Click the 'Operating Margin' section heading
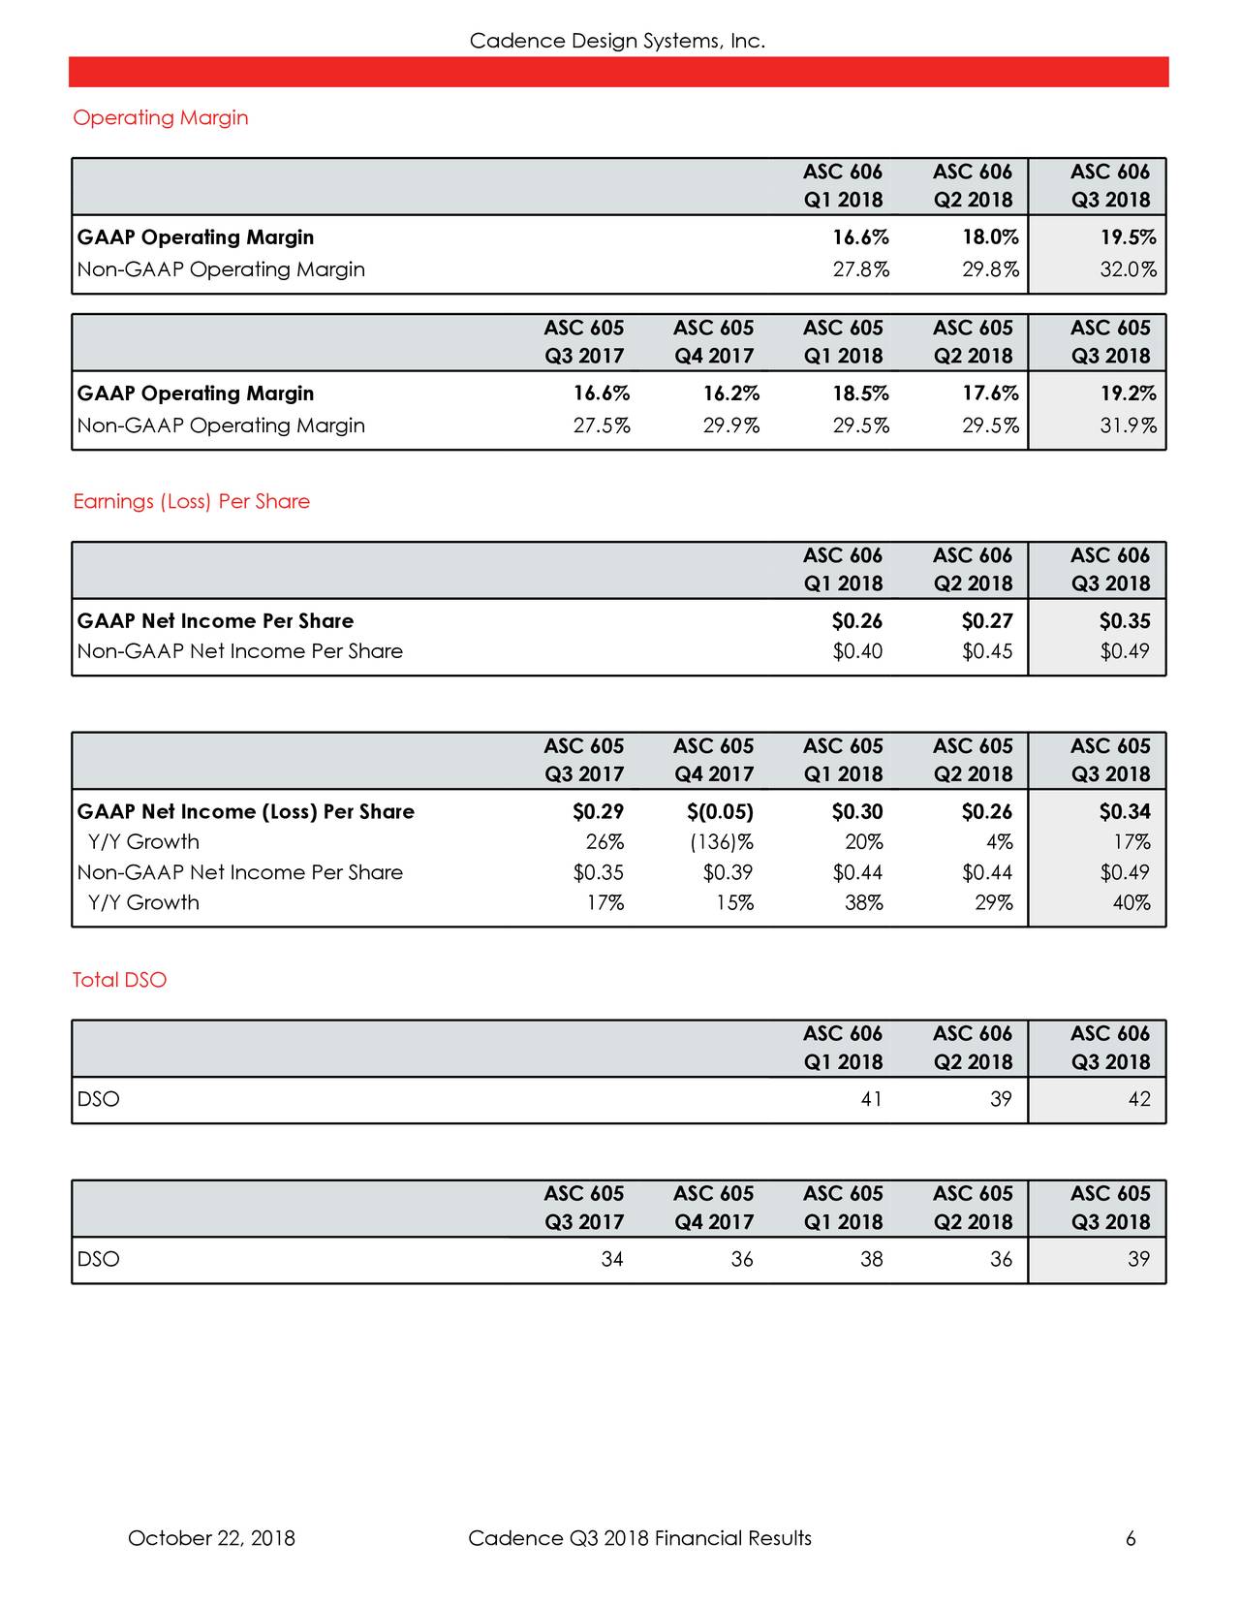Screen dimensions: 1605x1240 (161, 117)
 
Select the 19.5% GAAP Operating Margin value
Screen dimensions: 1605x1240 (1127, 237)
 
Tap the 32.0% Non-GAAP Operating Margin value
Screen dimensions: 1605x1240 (1128, 269)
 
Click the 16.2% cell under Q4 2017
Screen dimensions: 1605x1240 (731, 393)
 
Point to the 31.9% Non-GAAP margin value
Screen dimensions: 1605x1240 (1128, 425)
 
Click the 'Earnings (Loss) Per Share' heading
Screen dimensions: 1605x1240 (192, 501)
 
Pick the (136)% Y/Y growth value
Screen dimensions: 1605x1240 (722, 841)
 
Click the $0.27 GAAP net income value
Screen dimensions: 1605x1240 (987, 620)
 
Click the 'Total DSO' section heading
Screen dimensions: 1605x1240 (120, 980)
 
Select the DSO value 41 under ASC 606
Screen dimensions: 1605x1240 (871, 1099)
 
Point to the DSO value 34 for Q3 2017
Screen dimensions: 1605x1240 (611, 1259)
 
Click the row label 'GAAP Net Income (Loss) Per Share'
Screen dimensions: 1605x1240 (246, 811)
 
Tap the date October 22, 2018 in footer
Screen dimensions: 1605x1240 (211, 1538)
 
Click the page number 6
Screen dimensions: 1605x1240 (1131, 1538)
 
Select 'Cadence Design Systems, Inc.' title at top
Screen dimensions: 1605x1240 (617, 41)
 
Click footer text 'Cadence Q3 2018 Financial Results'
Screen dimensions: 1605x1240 (639, 1538)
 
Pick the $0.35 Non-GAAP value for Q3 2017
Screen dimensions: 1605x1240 (598, 872)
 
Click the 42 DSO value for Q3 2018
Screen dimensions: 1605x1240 (1139, 1099)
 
